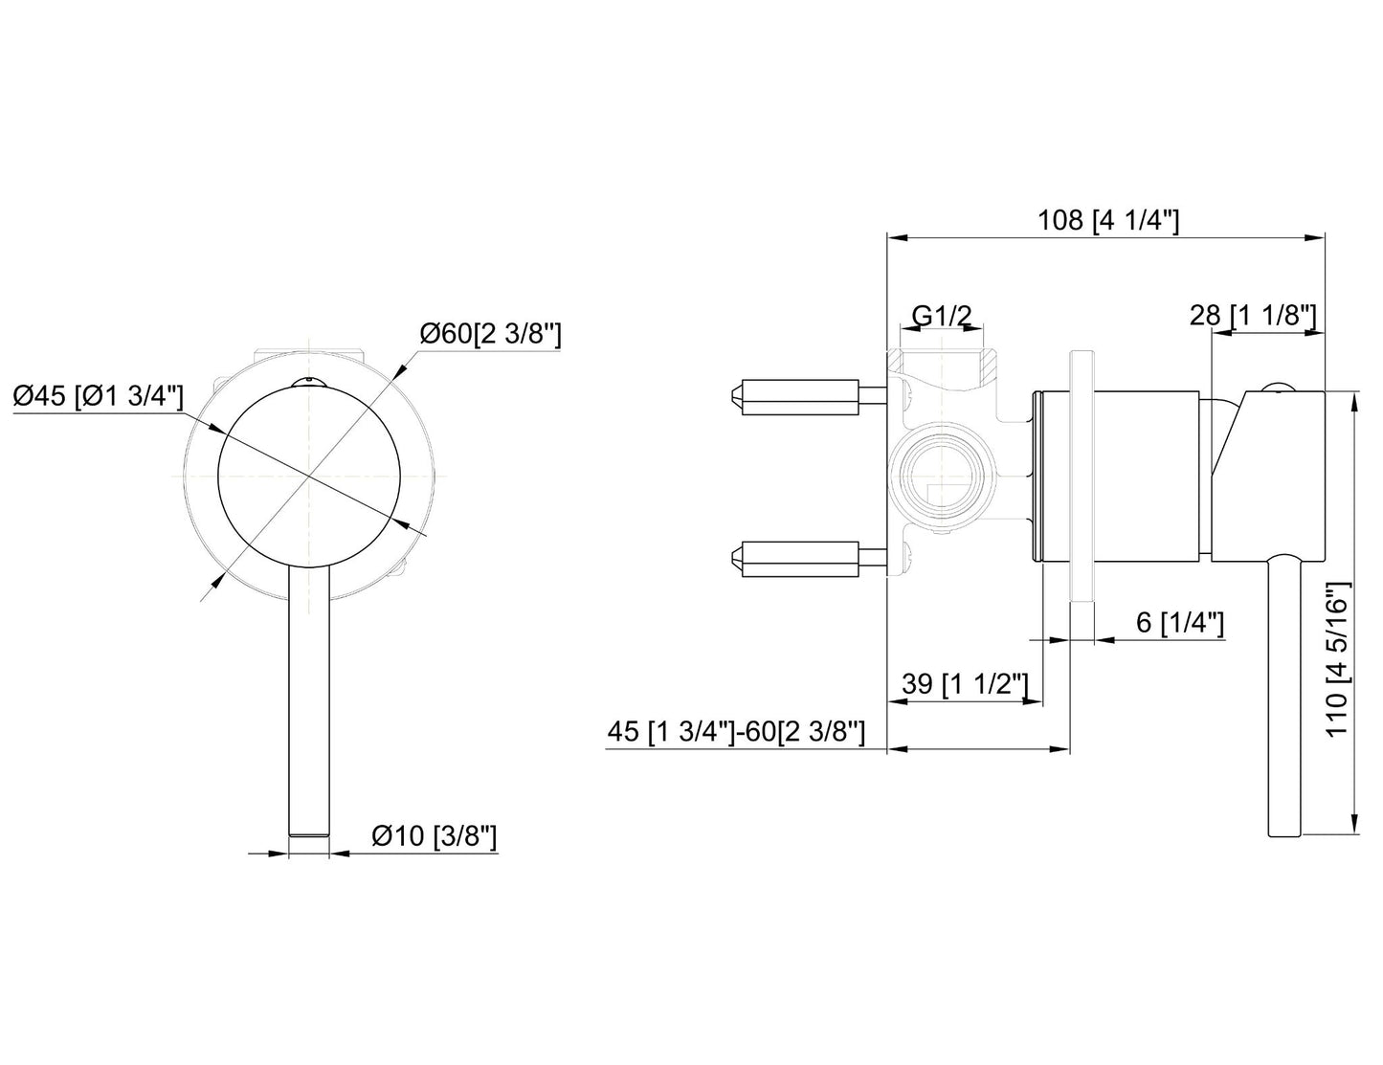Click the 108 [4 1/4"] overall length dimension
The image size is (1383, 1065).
point(1107,221)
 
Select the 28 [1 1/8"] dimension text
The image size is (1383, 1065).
point(1255,315)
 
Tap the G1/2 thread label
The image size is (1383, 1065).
point(941,315)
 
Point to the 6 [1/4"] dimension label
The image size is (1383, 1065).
point(1180,623)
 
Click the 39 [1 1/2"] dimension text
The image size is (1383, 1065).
point(965,684)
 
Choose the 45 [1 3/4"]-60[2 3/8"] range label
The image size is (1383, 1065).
point(736,732)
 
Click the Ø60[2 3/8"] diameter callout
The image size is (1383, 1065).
point(490,334)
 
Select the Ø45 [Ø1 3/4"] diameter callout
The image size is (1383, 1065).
point(99,395)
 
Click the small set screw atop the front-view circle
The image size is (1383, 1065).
point(309,384)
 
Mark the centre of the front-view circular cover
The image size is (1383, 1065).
point(309,476)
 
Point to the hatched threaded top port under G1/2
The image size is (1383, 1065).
point(943,365)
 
